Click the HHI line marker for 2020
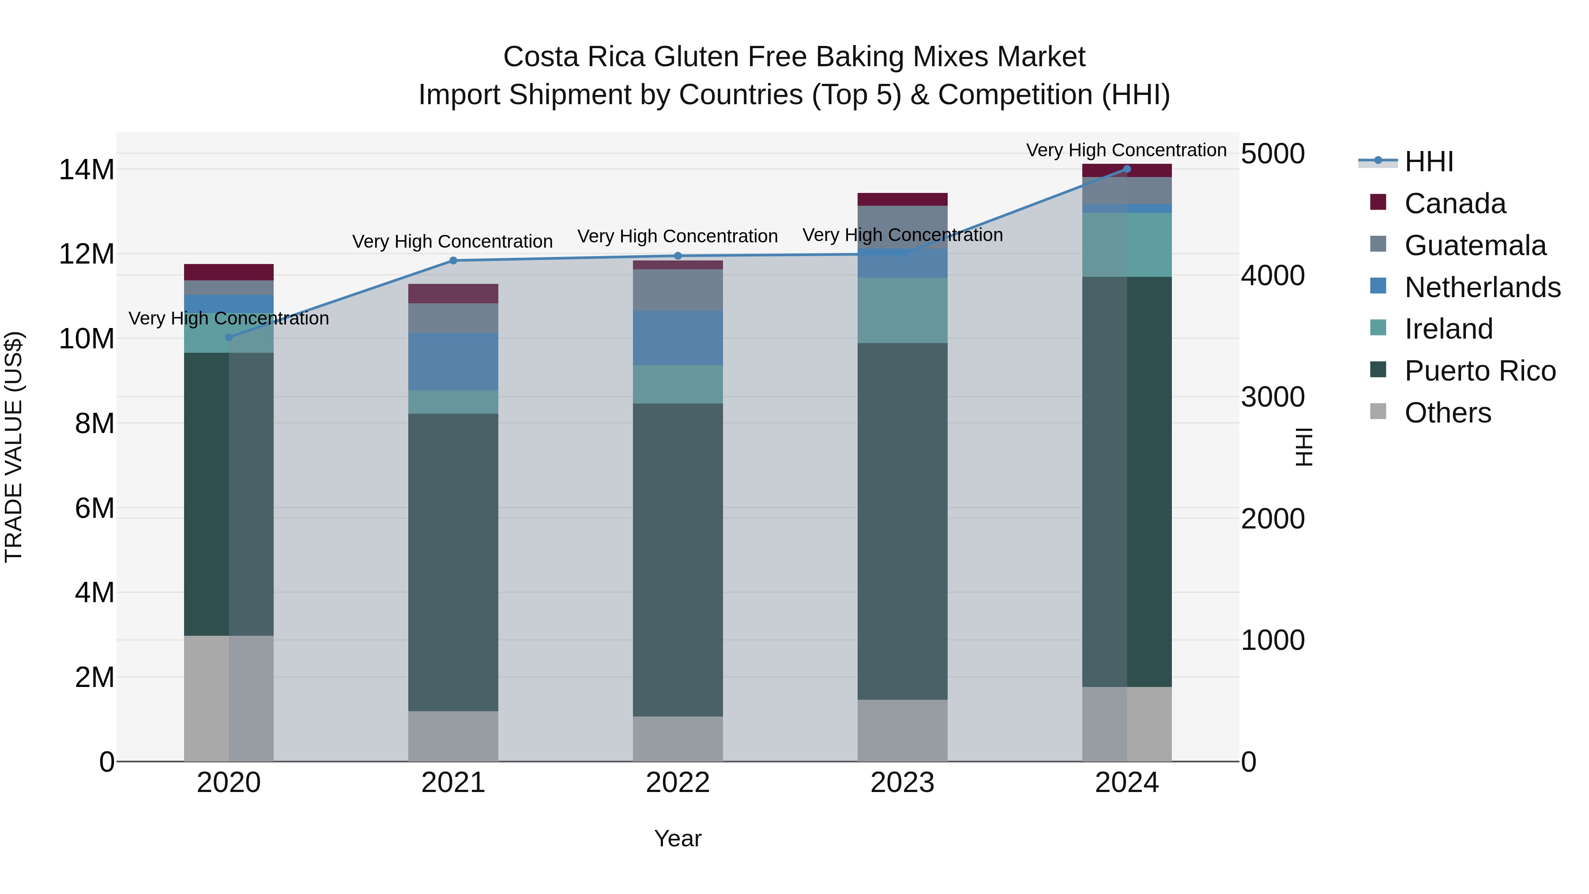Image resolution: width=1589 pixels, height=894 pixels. click(229, 337)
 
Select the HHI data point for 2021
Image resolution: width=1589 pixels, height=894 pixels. click(453, 260)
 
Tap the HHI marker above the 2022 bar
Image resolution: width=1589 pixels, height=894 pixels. click(678, 256)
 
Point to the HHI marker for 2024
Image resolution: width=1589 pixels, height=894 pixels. click(1127, 169)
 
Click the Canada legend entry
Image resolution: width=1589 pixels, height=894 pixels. click(1454, 204)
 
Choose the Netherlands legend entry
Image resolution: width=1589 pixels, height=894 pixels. click(1482, 287)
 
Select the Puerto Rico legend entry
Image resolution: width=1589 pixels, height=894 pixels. click(1479, 371)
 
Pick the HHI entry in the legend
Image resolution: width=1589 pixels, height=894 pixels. click(1429, 162)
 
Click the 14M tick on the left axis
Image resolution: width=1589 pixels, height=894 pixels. click(87, 170)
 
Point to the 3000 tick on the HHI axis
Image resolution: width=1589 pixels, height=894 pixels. click(1273, 397)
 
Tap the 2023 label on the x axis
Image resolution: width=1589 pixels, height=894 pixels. click(903, 783)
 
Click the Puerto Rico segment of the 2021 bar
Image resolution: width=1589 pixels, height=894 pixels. click(453, 562)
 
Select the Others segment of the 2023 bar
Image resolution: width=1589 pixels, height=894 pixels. click(903, 731)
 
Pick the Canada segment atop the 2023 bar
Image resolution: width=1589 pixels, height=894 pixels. click(903, 199)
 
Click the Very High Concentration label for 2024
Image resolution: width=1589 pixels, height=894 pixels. click(1126, 150)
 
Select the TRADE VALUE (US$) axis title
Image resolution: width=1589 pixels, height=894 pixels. click(14, 447)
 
